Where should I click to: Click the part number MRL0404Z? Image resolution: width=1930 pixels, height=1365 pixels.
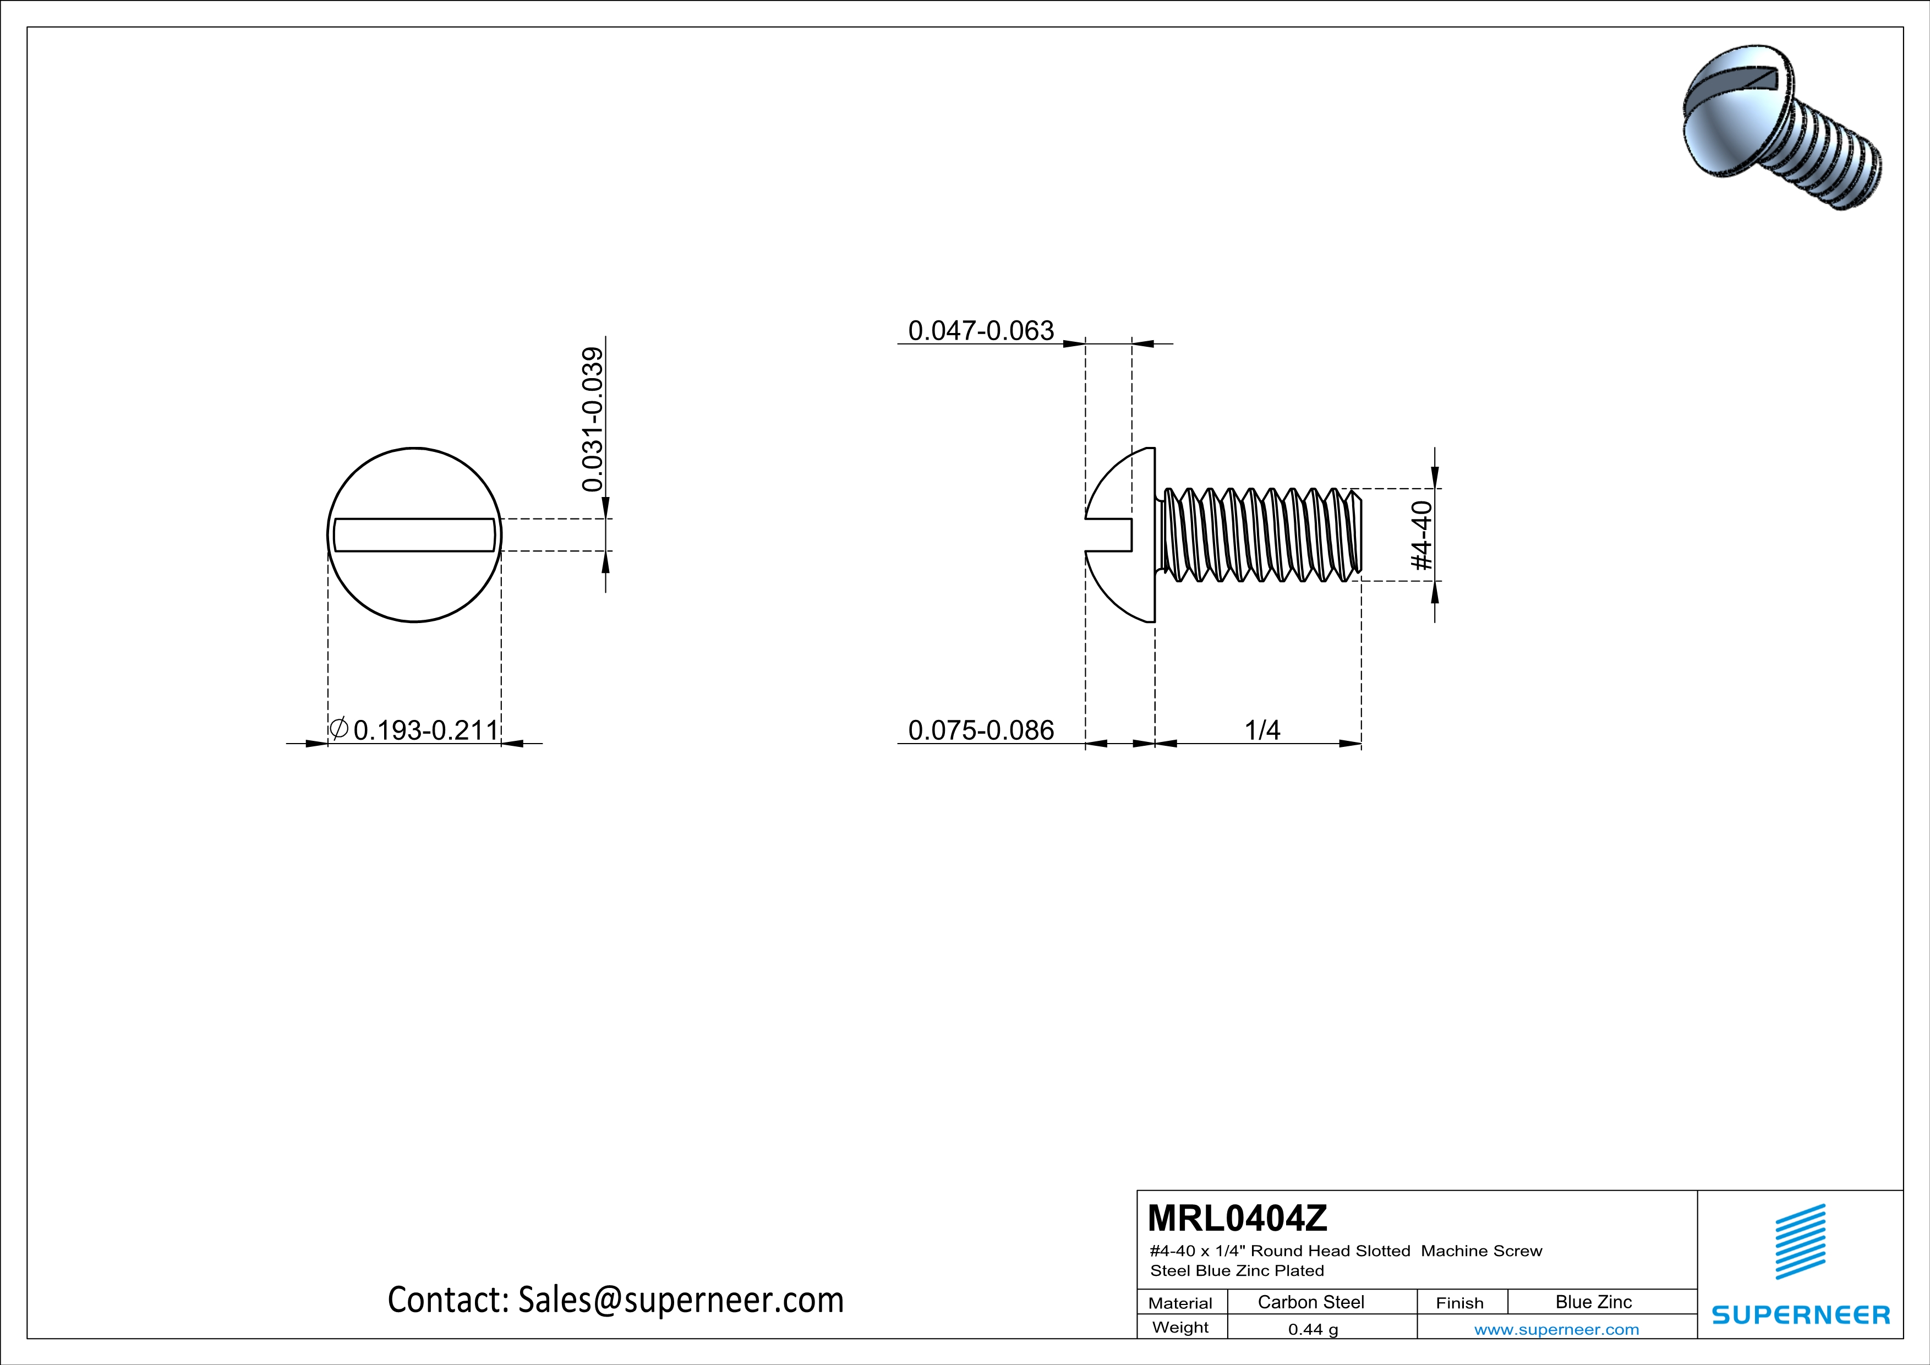click(x=1237, y=1218)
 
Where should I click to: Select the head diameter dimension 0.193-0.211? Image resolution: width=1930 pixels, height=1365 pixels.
click(x=425, y=730)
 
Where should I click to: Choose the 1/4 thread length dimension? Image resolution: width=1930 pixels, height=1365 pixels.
click(x=1262, y=730)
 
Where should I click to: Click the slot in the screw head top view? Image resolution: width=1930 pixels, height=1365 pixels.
click(x=414, y=534)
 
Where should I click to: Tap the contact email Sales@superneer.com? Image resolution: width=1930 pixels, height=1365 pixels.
click(x=615, y=1300)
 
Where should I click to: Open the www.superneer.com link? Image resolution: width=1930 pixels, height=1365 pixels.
click(x=1556, y=1329)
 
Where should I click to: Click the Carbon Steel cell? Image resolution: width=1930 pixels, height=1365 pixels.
click(x=1310, y=1302)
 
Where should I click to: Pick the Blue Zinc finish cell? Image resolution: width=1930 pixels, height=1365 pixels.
click(x=1593, y=1302)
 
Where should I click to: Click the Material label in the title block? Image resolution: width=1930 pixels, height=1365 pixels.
click(x=1180, y=1303)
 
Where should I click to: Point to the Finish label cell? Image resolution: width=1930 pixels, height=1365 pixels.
click(x=1459, y=1303)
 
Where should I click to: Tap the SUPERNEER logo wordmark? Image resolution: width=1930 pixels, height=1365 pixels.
click(x=1801, y=1314)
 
